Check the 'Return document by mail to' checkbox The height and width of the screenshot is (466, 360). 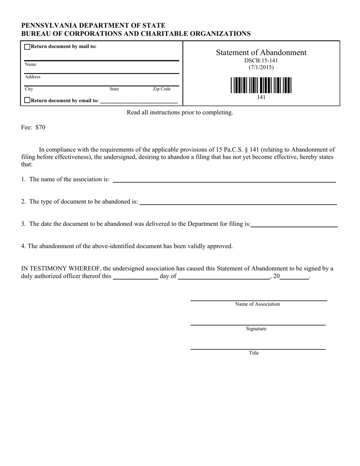click(x=27, y=47)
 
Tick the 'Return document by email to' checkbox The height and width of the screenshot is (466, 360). click(x=27, y=100)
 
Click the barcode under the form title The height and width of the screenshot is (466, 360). click(x=261, y=85)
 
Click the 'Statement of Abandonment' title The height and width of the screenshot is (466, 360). click(x=261, y=53)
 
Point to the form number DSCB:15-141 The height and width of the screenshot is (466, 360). click(x=261, y=61)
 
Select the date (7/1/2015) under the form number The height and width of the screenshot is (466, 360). click(x=261, y=67)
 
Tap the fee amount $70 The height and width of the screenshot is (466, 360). click(x=40, y=127)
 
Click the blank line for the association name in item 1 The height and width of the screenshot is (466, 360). click(x=224, y=180)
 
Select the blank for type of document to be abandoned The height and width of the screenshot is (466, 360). click(x=238, y=202)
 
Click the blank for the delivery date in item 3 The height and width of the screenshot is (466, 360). click(x=294, y=224)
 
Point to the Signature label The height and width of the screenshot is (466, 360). click(x=256, y=329)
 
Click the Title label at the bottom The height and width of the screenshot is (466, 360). click(x=254, y=353)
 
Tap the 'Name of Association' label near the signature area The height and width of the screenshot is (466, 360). click(x=257, y=304)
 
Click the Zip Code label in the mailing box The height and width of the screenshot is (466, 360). click(x=161, y=89)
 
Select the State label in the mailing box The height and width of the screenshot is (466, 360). click(x=114, y=89)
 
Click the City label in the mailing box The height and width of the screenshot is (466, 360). click(x=29, y=89)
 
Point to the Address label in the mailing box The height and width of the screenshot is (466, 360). click(x=33, y=77)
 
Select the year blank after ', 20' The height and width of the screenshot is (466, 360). click(x=294, y=277)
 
